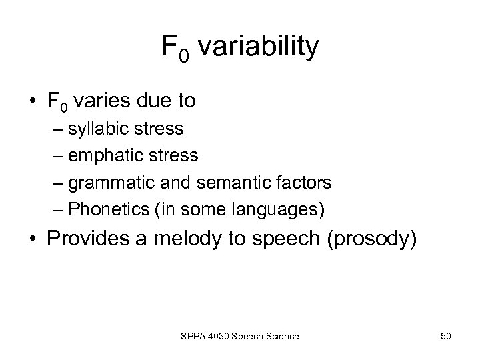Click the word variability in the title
pyautogui.click(x=259, y=47)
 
